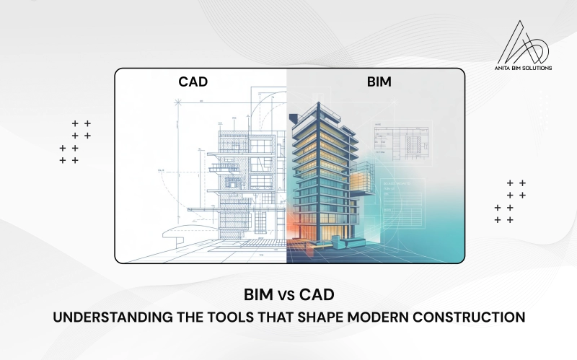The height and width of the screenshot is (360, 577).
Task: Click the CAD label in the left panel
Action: pos(193,82)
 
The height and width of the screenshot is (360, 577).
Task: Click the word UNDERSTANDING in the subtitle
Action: pos(116,317)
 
